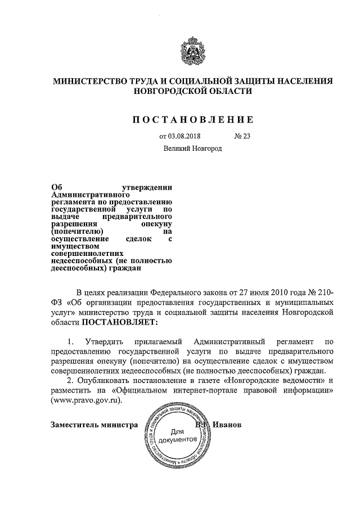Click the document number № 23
[242, 136]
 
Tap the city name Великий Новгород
[193, 149]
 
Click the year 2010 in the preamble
[281, 292]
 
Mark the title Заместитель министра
[94, 425]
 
